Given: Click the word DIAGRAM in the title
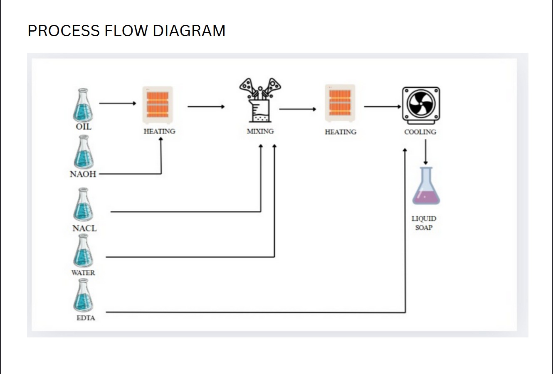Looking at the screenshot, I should tap(189, 31).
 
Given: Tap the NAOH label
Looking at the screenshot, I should tap(83, 174).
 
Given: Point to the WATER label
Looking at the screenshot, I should tap(83, 273).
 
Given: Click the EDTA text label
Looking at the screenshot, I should tap(86, 318).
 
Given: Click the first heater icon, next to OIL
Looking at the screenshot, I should tap(158, 105).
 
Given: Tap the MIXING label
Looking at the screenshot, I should tap(260, 131).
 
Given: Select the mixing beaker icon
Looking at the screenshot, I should tap(260, 101).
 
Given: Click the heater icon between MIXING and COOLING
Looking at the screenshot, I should tap(340, 103).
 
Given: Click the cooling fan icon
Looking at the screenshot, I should tap(421, 105).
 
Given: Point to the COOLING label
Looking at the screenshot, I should tap(420, 132).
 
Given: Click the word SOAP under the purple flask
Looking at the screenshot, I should tap(424, 228).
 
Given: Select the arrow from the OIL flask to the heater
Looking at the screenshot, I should tap(118, 103).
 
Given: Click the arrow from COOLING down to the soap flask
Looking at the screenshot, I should tap(425, 152).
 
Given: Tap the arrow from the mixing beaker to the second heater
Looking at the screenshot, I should tap(298, 109).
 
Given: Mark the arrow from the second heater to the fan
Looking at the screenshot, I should tap(382, 107).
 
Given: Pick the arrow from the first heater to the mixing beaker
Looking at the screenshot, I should tap(206, 107).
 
